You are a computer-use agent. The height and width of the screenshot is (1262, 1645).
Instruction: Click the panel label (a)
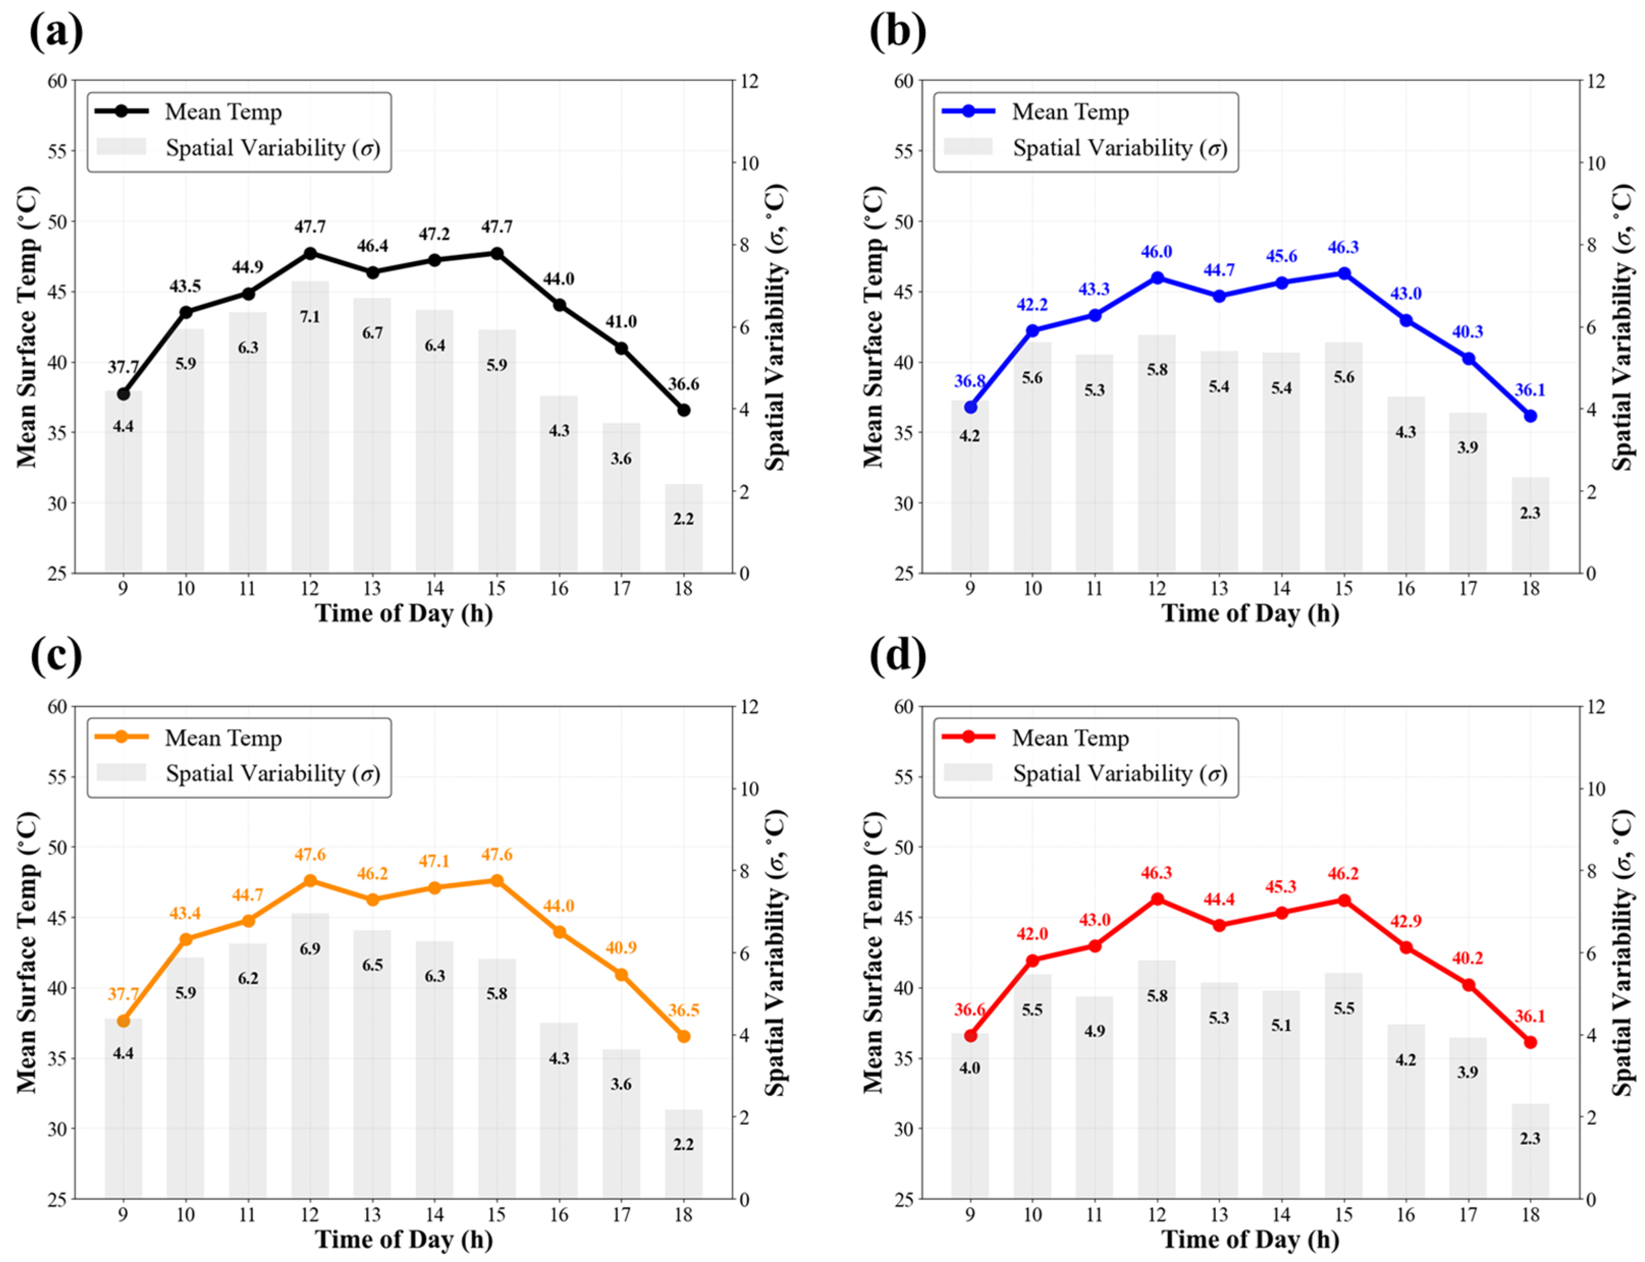57,32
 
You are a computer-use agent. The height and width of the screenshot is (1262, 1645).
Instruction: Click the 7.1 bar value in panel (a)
310,317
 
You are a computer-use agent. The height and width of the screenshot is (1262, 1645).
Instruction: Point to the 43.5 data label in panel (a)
185,286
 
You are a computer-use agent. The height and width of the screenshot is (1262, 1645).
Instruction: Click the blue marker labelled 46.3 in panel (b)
1344,273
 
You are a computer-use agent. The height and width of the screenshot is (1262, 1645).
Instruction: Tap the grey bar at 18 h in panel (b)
1530,524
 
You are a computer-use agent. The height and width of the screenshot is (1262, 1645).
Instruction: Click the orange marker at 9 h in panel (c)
123,1021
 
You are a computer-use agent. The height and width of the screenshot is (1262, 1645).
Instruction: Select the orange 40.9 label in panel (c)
621,948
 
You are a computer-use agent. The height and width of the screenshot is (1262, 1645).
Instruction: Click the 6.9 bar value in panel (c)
310,949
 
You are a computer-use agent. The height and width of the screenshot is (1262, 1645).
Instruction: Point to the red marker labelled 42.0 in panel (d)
1032,961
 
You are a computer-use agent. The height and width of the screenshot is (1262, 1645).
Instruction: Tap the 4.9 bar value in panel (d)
1094,1031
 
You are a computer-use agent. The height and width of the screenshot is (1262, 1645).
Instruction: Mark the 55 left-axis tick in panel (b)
905,151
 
